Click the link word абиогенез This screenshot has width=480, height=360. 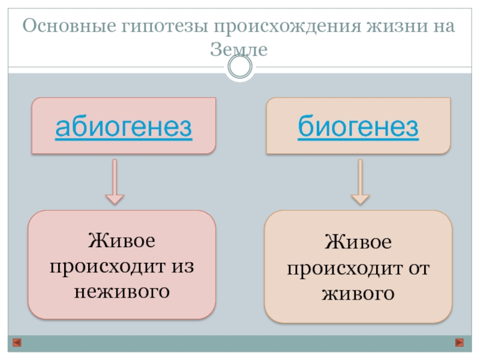(124, 127)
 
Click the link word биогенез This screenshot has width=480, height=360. (358, 127)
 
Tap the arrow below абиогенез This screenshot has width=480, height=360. (115, 182)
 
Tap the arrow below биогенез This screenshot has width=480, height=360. (360, 182)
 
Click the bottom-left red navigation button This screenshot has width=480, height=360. (17, 343)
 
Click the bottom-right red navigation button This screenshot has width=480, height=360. (460, 343)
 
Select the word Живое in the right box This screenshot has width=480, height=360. (358, 243)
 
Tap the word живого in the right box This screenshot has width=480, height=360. (358, 294)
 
